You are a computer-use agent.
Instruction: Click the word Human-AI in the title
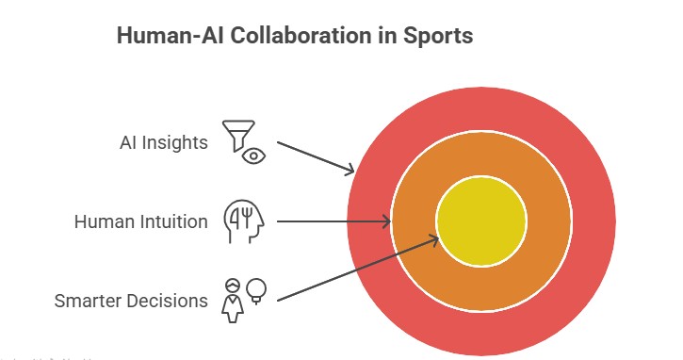coord(159,37)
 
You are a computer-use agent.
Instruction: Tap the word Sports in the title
coord(438,37)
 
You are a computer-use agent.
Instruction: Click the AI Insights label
coord(163,143)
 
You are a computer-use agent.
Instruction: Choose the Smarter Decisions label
coord(131,302)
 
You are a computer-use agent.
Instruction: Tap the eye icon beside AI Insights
coord(253,155)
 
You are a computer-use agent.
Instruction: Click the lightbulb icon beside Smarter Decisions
coord(256,289)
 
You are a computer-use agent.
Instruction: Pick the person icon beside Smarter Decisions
coord(232,298)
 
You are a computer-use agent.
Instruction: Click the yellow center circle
coord(481,221)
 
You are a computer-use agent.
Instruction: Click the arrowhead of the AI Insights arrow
coord(350,171)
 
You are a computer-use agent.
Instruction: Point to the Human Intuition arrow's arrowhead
coord(386,221)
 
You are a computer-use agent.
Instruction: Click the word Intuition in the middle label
coord(174,222)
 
